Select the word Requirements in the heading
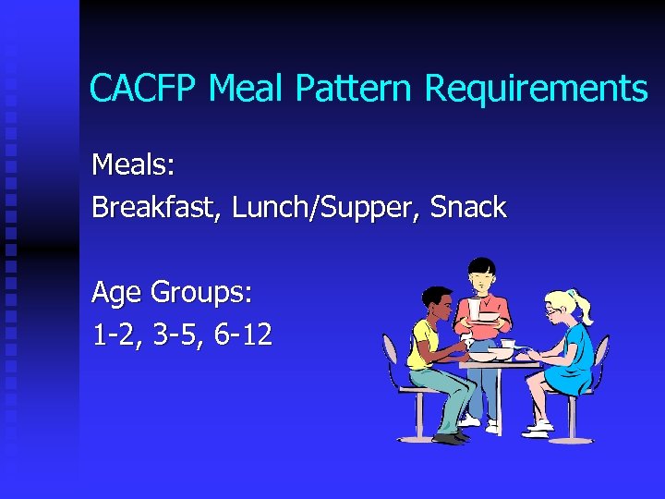(536, 90)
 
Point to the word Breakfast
(157, 208)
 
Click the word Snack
(468, 208)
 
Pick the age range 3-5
(174, 335)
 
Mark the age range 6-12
(243, 335)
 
